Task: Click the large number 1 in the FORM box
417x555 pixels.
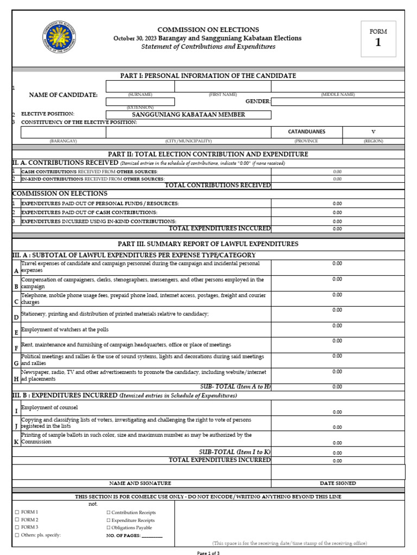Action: [378, 43]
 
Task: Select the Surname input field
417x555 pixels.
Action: [140, 87]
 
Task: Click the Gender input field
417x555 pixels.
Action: [338, 101]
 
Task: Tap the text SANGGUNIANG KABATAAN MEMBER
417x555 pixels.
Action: [188, 114]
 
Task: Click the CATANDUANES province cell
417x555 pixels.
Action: [306, 132]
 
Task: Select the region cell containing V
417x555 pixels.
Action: [373, 132]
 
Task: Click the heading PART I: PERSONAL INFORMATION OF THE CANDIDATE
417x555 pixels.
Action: [208, 76]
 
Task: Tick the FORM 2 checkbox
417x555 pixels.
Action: [17, 520]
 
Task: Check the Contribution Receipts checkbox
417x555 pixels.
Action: [109, 512]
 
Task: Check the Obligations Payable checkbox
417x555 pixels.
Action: [109, 527]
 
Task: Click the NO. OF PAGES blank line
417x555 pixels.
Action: [151, 535]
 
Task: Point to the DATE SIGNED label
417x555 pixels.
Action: [338, 483]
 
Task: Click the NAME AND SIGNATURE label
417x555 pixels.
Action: [140, 483]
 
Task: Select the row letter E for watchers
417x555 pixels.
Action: [16, 332]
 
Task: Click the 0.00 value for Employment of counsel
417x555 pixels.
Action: [337, 412]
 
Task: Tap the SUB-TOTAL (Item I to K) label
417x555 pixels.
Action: [235, 452]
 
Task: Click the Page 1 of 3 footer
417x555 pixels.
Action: [208, 553]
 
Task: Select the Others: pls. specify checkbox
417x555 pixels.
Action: [17, 535]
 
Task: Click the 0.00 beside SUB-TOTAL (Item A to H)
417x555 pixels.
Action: [337, 387]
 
